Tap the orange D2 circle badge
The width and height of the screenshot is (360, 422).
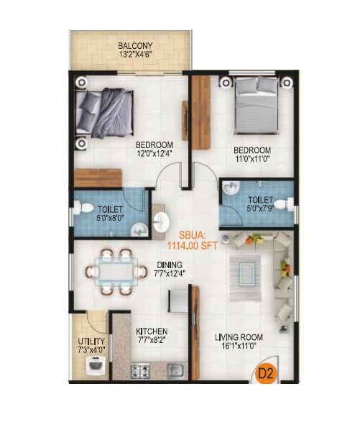point(269,373)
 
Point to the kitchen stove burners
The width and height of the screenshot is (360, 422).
point(141,372)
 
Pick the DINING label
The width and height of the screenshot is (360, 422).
point(170,264)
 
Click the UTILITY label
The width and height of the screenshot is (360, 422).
point(93,341)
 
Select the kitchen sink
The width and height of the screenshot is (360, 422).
point(173,371)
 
